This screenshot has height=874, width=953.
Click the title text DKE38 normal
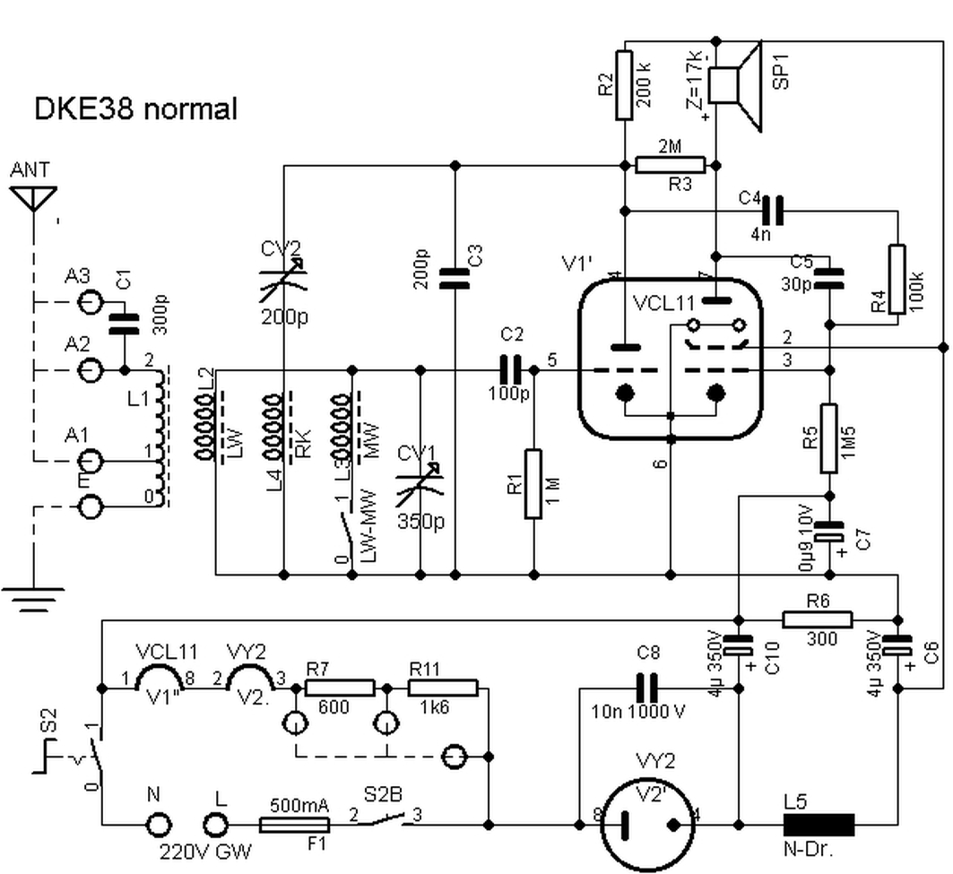(x=135, y=109)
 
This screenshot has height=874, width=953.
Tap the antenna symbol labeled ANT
(x=33, y=196)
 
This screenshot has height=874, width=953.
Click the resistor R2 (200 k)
(x=626, y=85)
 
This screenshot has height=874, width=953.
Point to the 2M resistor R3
(x=671, y=164)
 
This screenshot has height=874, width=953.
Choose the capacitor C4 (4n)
(x=772, y=211)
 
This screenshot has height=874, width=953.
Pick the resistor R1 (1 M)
(x=534, y=485)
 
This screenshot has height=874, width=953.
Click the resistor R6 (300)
(x=817, y=619)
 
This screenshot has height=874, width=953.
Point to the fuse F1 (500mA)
(x=293, y=824)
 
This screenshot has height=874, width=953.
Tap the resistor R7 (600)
(x=340, y=688)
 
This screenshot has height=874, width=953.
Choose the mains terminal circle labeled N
(x=159, y=824)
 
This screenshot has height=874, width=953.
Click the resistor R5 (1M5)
(x=829, y=428)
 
